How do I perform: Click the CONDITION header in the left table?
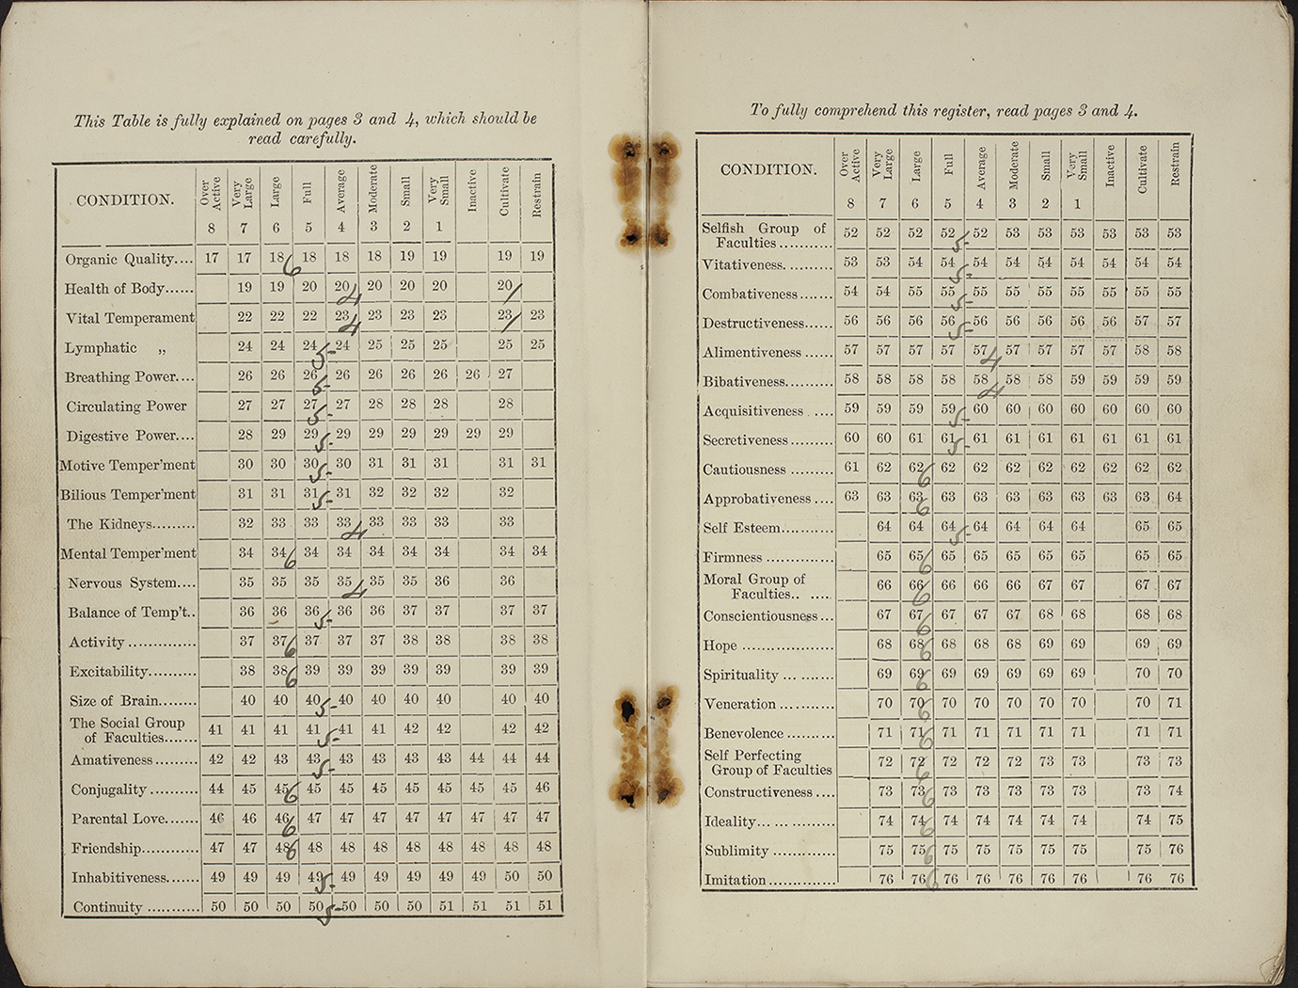tap(125, 200)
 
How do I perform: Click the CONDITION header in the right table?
tap(768, 170)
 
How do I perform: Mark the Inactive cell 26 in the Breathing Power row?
tap(472, 374)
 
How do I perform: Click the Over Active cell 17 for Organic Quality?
tap(212, 258)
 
